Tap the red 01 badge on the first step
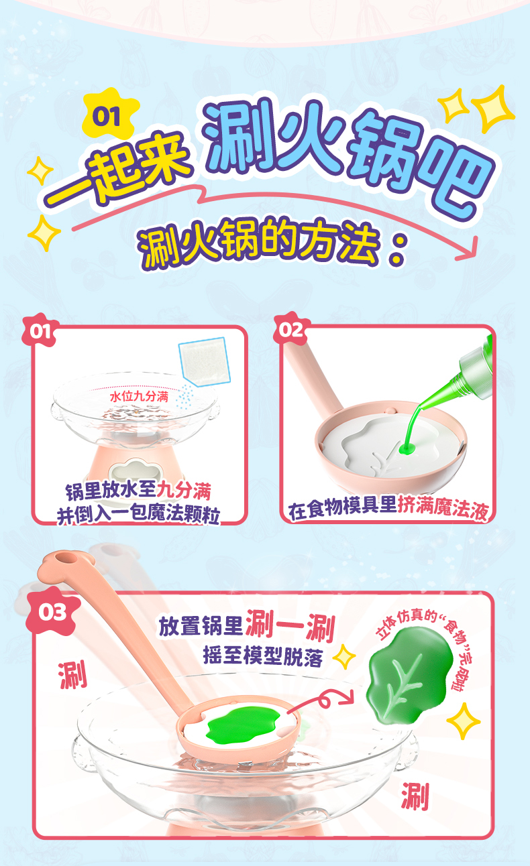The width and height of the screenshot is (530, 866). [x=40, y=331]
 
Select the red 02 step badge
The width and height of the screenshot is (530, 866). [x=291, y=329]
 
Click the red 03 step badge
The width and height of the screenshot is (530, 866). [x=52, y=612]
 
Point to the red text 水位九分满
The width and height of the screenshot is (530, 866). [x=140, y=397]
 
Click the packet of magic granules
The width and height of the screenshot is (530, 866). [x=204, y=362]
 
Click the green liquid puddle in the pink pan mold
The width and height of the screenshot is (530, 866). [x=408, y=448]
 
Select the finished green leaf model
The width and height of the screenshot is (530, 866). [x=409, y=676]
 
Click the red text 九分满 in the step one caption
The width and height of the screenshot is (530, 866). [x=184, y=490]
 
